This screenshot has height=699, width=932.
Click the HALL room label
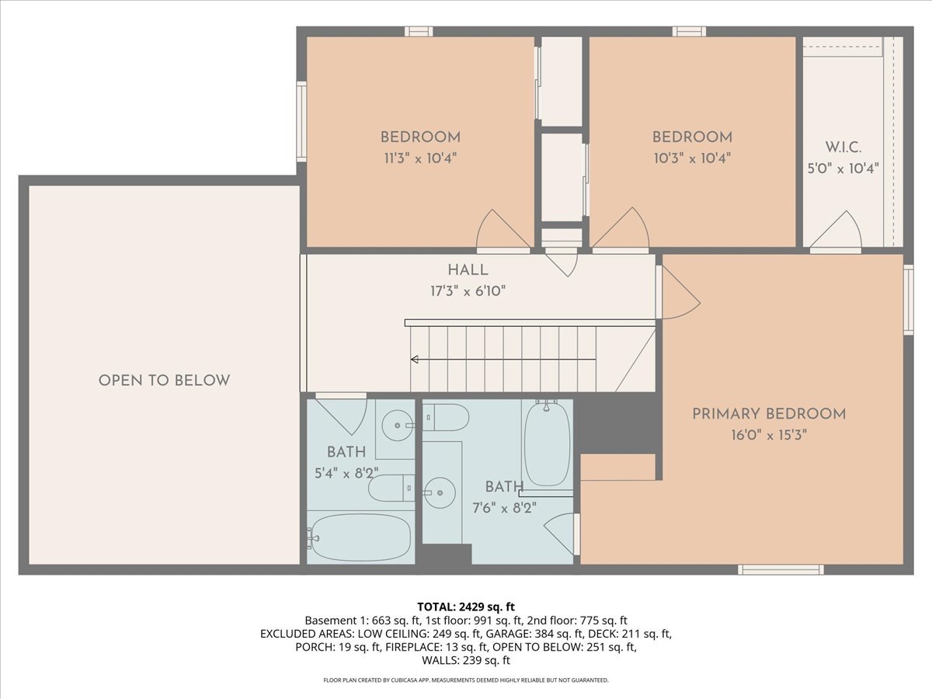tap(468, 270)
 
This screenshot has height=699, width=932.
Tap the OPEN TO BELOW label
tap(164, 381)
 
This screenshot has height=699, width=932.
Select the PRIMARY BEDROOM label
tap(769, 414)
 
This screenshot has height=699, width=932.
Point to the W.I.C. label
tap(843, 148)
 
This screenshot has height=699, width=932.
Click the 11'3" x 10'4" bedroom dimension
tap(420, 158)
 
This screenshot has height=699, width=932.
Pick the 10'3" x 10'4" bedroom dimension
tap(692, 158)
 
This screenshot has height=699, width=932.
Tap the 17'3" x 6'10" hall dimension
tap(468, 291)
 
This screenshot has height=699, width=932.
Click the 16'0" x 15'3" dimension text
tap(769, 435)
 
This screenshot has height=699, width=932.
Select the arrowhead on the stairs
tap(415, 360)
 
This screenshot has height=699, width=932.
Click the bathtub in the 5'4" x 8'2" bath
tap(360, 537)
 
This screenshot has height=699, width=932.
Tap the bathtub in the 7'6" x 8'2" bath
tap(548, 443)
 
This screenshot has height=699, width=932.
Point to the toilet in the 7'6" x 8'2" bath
tap(445, 417)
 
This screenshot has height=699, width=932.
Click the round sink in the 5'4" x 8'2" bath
tap(398, 425)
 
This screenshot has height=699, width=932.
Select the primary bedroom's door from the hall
tap(678, 293)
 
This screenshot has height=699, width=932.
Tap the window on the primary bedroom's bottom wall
tap(781, 569)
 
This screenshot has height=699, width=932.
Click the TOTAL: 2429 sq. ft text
tap(466, 607)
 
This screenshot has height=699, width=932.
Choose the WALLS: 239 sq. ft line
tap(466, 660)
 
